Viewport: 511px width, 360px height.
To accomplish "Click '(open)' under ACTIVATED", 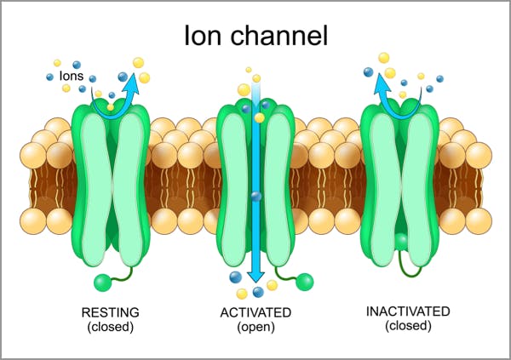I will pyautogui.click(x=255, y=327).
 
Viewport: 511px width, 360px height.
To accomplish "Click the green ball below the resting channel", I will pyautogui.click(x=102, y=283).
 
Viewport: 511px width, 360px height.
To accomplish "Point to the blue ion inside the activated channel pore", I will pyautogui.click(x=255, y=197).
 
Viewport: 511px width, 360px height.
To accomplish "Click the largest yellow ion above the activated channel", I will pyautogui.click(x=244, y=89).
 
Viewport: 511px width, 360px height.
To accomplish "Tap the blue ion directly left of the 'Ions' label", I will pyautogui.click(x=50, y=77).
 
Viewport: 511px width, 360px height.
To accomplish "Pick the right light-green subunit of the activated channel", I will pyautogui.click(x=274, y=183).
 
